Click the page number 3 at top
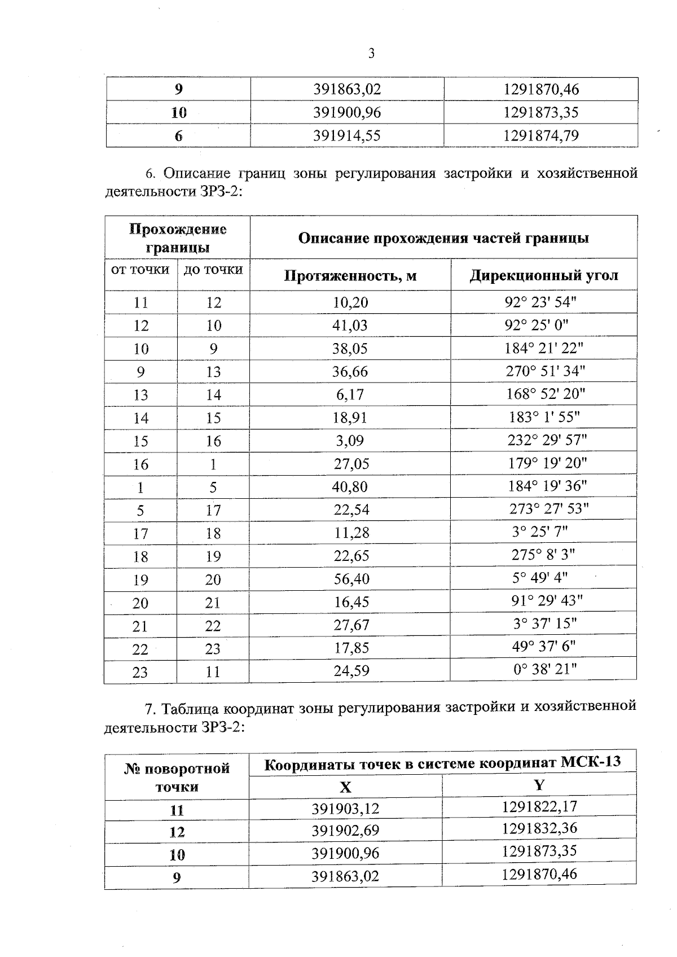[371, 54]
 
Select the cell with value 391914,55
[347, 135]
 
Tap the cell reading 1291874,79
[540, 135]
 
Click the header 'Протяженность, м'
[350, 275]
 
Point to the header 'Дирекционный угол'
[544, 275]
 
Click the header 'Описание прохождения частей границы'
[443, 238]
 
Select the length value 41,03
[350, 326]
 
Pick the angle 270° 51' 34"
[545, 371]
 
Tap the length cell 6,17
[350, 394]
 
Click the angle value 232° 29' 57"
[545, 440]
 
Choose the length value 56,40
[351, 579]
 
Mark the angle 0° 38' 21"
[544, 670]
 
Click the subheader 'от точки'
[140, 270]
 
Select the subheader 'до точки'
[213, 270]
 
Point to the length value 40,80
[350, 486]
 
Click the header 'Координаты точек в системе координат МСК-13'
[442, 763]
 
